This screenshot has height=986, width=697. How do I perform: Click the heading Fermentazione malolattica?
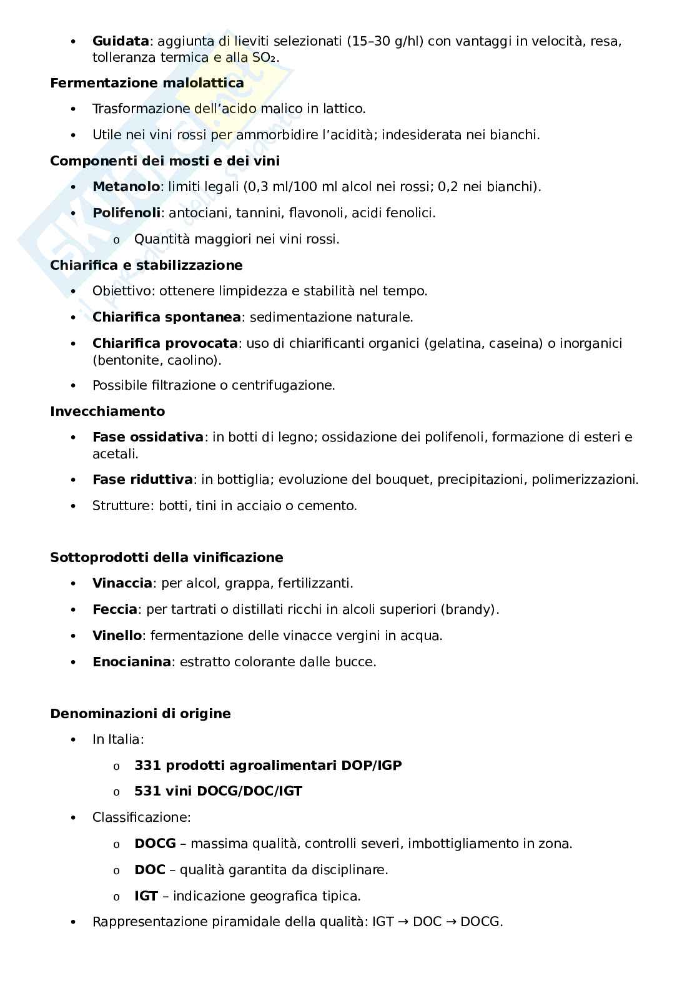tap(147, 82)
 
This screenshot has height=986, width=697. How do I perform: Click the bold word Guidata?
tap(121, 41)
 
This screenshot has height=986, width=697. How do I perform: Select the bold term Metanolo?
tap(126, 187)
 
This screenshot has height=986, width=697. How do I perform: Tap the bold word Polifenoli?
tap(127, 213)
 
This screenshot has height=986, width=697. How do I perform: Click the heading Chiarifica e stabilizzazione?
tap(146, 265)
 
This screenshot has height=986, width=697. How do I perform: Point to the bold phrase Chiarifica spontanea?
tap(166, 317)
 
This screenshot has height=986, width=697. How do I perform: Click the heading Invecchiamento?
tap(107, 412)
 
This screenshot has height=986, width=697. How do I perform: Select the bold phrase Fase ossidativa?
tap(148, 437)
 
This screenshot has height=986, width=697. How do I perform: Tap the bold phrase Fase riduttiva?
tap(142, 480)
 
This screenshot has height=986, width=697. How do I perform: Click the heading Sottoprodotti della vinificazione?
tap(166, 558)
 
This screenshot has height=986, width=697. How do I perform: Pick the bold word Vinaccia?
tap(122, 583)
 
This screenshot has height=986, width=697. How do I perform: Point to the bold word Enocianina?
tap(131, 662)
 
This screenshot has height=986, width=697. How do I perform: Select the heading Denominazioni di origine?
tap(141, 714)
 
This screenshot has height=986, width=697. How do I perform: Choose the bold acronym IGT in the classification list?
tap(146, 896)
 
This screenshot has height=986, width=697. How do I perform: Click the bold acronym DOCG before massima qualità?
tap(155, 844)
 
